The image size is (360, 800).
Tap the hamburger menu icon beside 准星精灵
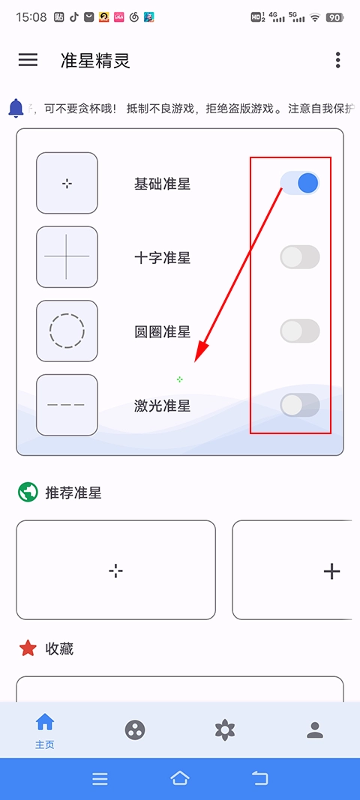[28, 60]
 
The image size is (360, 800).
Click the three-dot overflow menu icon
[338, 60]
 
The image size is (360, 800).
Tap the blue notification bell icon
[16, 108]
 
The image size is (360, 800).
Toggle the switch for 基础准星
[300, 183]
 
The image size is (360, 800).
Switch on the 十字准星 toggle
[300, 257]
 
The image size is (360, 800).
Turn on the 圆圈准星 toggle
[300, 331]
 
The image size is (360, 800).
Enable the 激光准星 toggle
[300, 405]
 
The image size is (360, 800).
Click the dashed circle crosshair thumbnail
[67, 331]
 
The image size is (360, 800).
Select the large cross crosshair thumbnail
[67, 256]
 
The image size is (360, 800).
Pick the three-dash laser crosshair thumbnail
[67, 405]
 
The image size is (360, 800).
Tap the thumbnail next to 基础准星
[67, 183]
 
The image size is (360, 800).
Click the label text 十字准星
[162, 258]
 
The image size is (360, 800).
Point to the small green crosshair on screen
[180, 379]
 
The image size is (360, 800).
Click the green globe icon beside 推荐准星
[28, 493]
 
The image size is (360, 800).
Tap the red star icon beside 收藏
[28, 649]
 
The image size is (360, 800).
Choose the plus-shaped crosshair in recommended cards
[331, 571]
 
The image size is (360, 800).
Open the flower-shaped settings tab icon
[224, 730]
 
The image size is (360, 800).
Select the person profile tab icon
[315, 730]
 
